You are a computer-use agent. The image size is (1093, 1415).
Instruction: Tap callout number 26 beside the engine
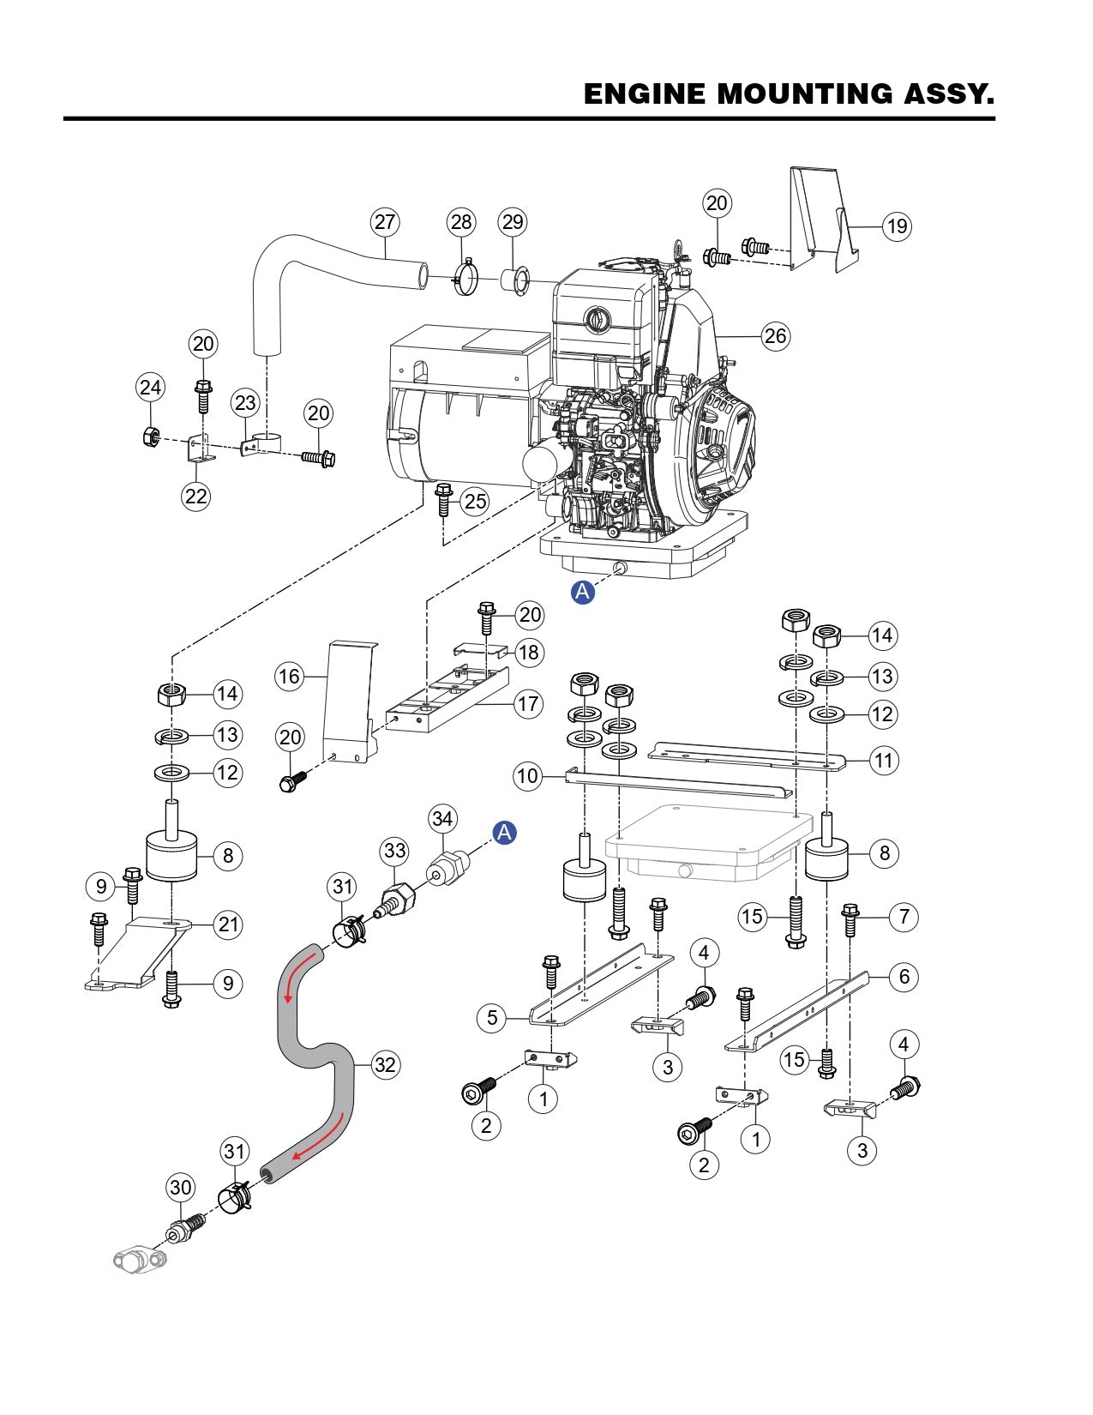pyautogui.click(x=775, y=335)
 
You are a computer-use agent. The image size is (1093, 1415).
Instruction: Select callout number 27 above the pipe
pyautogui.click(x=385, y=222)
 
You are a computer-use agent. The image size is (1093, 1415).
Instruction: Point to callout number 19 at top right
pyautogui.click(x=897, y=226)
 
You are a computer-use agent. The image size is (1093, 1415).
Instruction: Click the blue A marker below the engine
pyautogui.click(x=583, y=592)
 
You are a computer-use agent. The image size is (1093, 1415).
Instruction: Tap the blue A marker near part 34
pyautogui.click(x=505, y=832)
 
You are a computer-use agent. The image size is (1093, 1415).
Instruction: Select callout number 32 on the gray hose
pyautogui.click(x=386, y=1064)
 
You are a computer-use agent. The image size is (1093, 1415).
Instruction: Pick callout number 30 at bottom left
pyautogui.click(x=180, y=1188)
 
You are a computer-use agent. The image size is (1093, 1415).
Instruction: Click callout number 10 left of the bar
pyautogui.click(x=527, y=776)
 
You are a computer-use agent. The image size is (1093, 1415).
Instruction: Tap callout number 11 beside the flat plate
pyautogui.click(x=882, y=760)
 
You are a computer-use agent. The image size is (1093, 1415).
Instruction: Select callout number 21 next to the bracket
pyautogui.click(x=228, y=924)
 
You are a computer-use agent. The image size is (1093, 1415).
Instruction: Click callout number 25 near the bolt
pyautogui.click(x=476, y=502)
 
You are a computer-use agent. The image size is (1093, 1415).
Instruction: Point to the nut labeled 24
pyautogui.click(x=149, y=437)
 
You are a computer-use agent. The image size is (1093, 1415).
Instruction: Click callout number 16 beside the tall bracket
pyautogui.click(x=289, y=677)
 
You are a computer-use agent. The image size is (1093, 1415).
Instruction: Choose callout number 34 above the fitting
pyautogui.click(x=442, y=819)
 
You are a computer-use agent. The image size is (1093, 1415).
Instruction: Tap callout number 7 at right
pyautogui.click(x=904, y=916)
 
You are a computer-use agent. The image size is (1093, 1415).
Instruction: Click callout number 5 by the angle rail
pyautogui.click(x=492, y=1017)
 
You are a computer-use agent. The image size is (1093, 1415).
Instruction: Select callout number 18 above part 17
pyautogui.click(x=529, y=653)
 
